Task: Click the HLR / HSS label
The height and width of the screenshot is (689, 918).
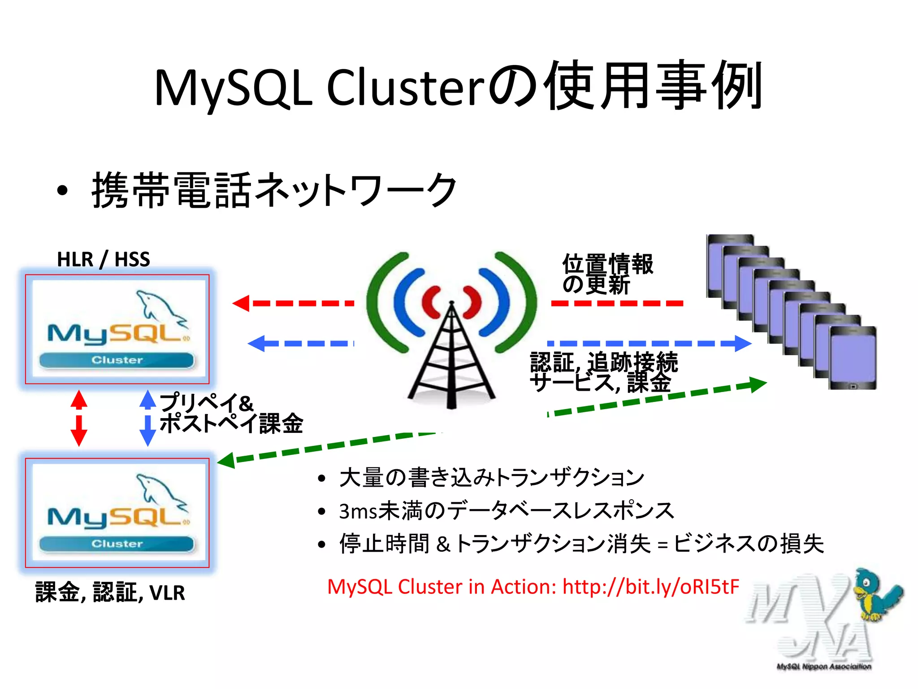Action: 104,259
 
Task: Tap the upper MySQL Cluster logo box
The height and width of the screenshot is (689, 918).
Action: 117,329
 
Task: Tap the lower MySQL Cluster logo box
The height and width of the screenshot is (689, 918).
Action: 117,513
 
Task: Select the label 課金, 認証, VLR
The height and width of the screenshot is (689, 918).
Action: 110,592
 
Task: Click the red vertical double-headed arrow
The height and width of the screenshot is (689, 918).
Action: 79,418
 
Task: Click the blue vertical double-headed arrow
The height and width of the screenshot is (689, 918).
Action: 147,418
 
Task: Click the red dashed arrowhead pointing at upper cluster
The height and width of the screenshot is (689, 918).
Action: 241,303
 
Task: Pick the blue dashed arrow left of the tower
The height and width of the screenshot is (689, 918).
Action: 300,344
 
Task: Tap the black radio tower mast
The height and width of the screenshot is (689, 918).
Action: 451,359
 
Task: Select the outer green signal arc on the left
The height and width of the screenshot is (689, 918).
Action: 381,301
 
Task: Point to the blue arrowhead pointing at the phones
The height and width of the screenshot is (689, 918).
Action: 742,344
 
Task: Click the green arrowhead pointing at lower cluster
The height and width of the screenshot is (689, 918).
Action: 227,461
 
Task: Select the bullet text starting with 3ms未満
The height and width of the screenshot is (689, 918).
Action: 507,511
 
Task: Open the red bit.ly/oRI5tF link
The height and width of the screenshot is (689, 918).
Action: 650,587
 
